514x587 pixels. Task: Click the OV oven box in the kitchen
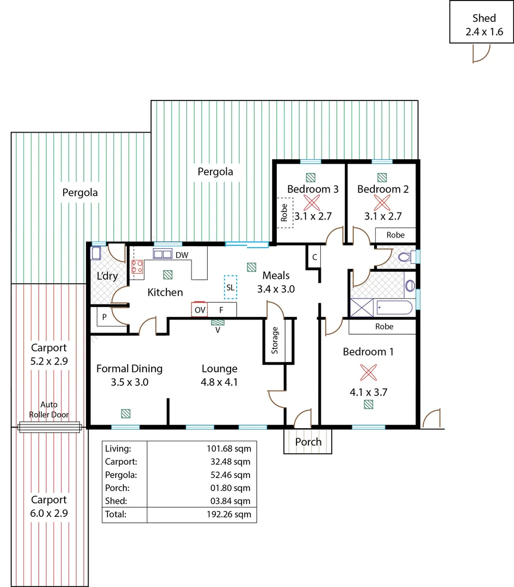pyautogui.click(x=200, y=310)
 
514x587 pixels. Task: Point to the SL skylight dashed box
pyautogui.click(x=231, y=287)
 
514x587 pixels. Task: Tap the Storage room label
pyautogui.click(x=275, y=340)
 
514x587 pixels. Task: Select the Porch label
pyautogui.click(x=308, y=442)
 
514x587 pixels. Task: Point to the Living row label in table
pyautogui.click(x=118, y=448)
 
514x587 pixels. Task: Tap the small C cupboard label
pyautogui.click(x=314, y=257)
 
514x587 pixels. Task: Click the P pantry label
pyautogui.click(x=103, y=316)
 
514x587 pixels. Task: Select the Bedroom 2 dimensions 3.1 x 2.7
pyautogui.click(x=383, y=216)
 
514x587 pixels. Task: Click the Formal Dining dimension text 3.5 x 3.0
pyautogui.click(x=129, y=382)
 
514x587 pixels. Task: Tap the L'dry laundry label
pyautogui.click(x=107, y=276)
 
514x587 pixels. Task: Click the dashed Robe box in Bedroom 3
pyautogui.click(x=285, y=213)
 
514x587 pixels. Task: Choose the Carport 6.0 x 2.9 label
pyautogui.click(x=49, y=506)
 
